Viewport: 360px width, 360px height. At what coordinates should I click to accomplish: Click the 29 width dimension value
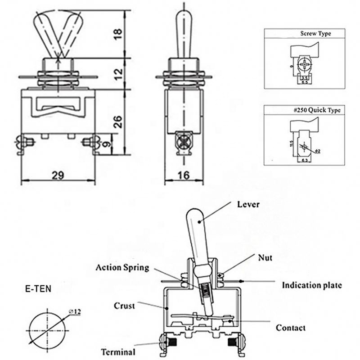[x=57, y=175]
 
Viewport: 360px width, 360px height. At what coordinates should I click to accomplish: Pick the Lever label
[x=248, y=204]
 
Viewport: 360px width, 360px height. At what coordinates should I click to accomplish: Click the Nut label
[x=265, y=258]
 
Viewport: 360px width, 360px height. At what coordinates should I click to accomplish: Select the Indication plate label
[x=312, y=285]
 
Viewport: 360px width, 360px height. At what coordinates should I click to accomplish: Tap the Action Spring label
[x=122, y=267]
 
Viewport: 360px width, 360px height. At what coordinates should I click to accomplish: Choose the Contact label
[x=291, y=328]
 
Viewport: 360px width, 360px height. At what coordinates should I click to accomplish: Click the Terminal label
[x=119, y=352]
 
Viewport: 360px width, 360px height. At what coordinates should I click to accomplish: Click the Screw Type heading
[x=315, y=34]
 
